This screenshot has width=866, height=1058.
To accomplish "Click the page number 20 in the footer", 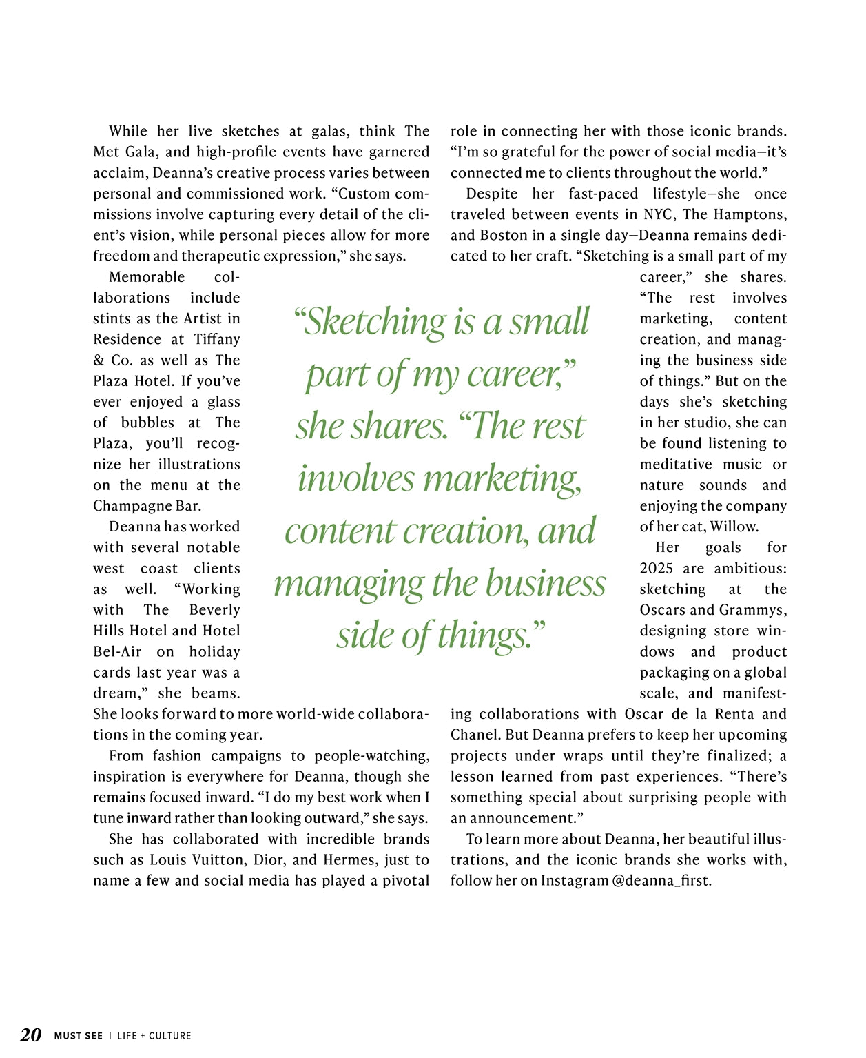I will pos(30,1035).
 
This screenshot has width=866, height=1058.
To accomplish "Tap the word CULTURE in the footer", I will pos(170,1035).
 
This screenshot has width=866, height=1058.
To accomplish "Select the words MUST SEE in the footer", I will pos(78,1035).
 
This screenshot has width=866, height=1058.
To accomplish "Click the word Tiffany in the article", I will pos(216,339).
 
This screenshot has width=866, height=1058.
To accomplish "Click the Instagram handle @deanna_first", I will pos(661,881).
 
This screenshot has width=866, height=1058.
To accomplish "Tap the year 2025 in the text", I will pos(657,569).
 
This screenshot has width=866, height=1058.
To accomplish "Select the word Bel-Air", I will pos(117,651).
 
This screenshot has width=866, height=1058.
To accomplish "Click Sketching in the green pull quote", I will pos(369,321).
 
